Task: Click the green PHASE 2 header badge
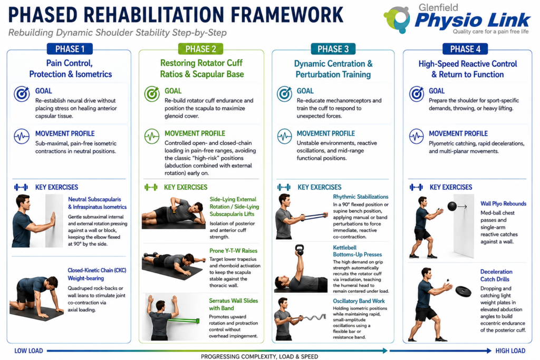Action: [x=200, y=49]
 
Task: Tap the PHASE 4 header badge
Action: [x=465, y=49]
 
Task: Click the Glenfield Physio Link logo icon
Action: [x=397, y=20]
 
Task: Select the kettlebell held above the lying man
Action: [x=300, y=250]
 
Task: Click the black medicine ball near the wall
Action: [x=452, y=206]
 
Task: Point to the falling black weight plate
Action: [x=463, y=291]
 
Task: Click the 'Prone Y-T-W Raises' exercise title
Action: [x=233, y=250]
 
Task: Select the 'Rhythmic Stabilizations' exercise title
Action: [x=361, y=197]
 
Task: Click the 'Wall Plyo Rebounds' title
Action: [x=503, y=204]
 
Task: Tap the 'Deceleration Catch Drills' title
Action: [x=496, y=275]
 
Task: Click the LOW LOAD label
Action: [x=28, y=351]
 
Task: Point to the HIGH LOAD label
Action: [x=510, y=351]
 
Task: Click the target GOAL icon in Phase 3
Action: [x=284, y=94]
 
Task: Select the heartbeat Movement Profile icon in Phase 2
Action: [x=152, y=137]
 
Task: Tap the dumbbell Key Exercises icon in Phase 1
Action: [x=21, y=187]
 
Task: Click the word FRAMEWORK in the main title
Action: [x=287, y=15]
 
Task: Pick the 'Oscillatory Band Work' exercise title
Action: [x=359, y=301]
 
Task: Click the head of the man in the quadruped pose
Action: [x=52, y=283]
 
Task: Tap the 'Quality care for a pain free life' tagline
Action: [x=490, y=32]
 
